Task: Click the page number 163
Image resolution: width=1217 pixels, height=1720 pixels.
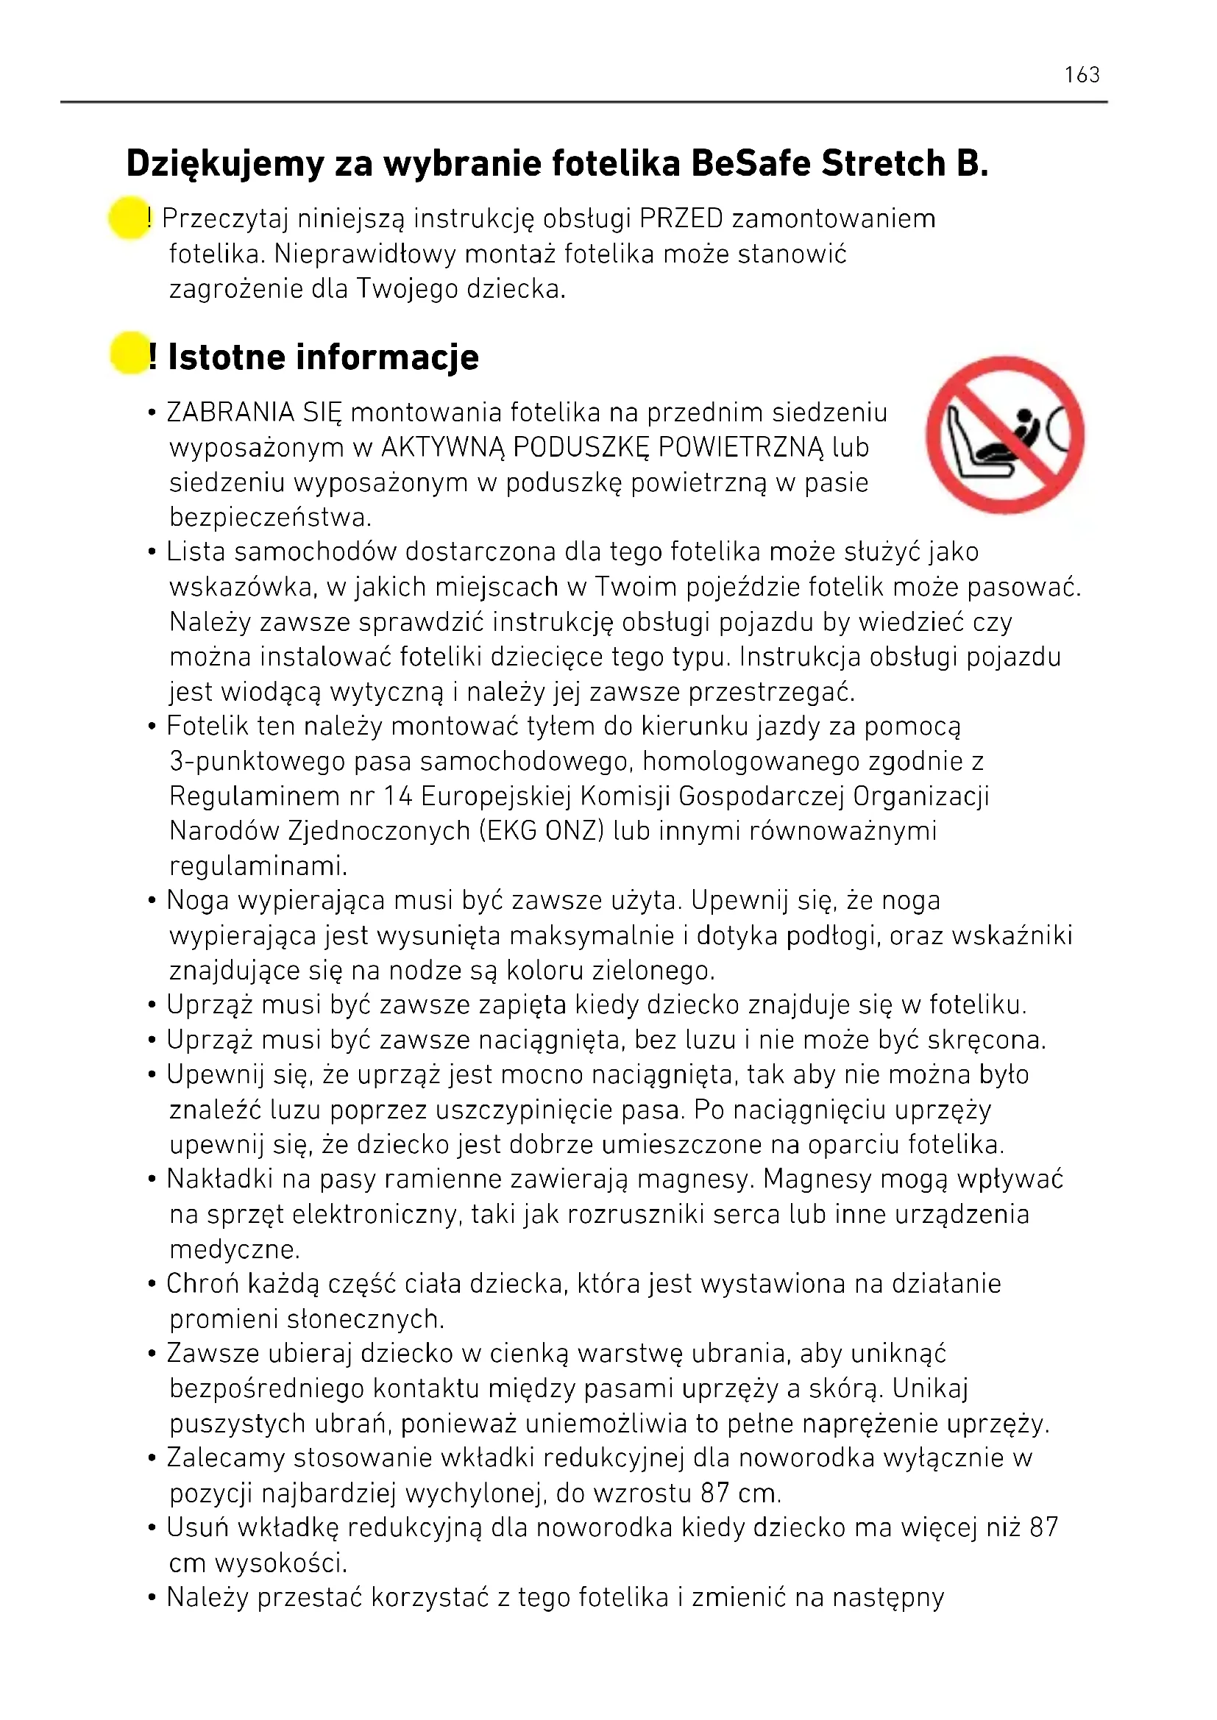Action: pyautogui.click(x=1082, y=75)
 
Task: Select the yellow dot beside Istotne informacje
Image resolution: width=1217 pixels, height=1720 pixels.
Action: pyautogui.click(x=128, y=354)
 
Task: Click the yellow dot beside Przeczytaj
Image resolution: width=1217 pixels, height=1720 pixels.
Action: pyautogui.click(x=128, y=218)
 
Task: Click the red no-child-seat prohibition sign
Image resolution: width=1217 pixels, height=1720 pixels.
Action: pyautogui.click(x=1004, y=435)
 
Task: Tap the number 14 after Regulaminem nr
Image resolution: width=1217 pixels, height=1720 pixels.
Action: pyautogui.click(x=397, y=796)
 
